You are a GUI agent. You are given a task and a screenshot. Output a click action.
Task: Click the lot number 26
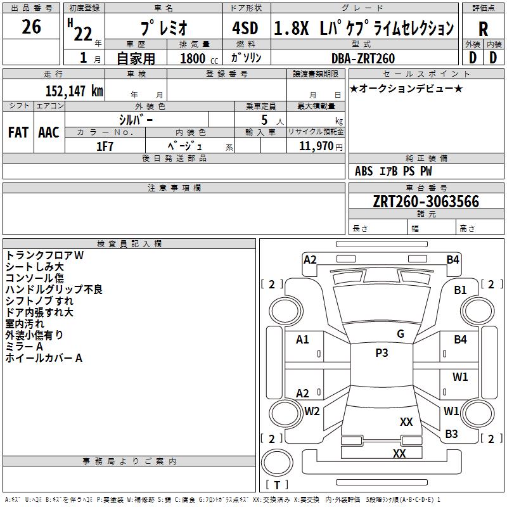[31, 27]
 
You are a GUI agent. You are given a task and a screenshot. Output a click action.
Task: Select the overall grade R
[483, 29]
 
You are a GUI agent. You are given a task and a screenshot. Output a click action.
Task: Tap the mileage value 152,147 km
[74, 91]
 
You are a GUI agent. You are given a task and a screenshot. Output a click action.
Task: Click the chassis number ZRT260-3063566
[426, 202]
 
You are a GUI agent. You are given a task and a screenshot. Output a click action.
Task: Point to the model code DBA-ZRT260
[363, 58]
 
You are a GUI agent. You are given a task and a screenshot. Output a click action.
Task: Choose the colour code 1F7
[105, 146]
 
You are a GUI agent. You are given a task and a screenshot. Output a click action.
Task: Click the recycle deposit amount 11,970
[316, 146]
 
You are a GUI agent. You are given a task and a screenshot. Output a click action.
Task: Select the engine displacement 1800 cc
[199, 58]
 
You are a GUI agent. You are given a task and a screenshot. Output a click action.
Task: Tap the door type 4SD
[245, 28]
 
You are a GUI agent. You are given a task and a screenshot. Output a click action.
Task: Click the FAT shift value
[18, 132]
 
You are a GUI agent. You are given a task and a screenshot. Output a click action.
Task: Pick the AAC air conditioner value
[49, 132]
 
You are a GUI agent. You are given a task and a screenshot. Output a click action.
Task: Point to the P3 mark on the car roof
[382, 352]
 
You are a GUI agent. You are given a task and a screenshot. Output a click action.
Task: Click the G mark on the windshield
[401, 334]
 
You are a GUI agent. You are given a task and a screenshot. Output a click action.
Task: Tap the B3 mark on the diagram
[451, 433]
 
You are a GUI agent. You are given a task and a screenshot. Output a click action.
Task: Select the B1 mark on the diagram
[460, 290]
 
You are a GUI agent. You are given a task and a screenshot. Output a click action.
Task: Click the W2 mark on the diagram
[312, 411]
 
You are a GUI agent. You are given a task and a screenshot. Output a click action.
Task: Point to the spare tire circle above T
[277, 463]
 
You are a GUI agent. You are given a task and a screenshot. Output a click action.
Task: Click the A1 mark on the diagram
[302, 340]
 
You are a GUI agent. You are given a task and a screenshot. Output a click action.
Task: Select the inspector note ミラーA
[24, 347]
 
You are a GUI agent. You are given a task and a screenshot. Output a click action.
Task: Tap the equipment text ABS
[364, 171]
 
